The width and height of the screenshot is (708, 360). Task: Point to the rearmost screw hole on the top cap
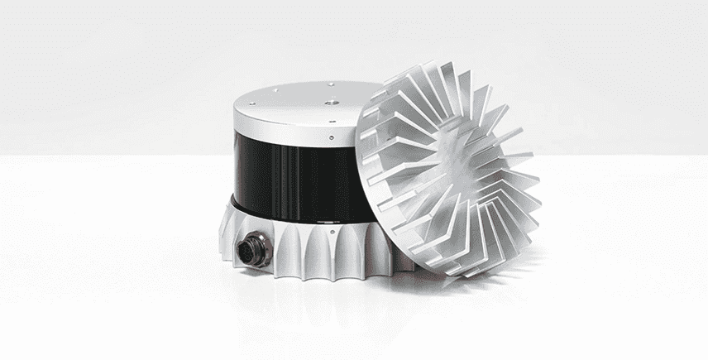click(x=330, y=84)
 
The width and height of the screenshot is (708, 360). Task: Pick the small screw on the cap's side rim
click(x=330, y=138)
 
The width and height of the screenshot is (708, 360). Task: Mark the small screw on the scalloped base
click(x=332, y=238)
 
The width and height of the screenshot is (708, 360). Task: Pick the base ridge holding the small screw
click(x=332, y=248)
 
